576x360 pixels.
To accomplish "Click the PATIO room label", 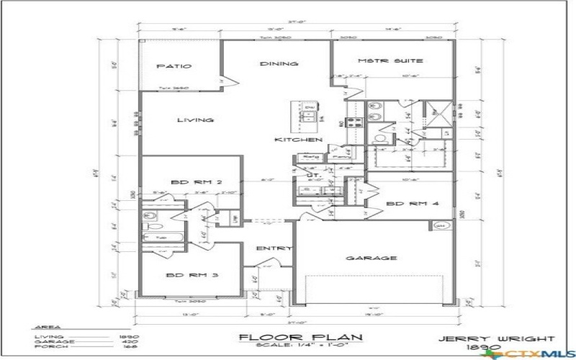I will pos(174,66).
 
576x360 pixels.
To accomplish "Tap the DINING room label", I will pos(279,64).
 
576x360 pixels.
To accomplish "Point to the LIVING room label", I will pos(195,120).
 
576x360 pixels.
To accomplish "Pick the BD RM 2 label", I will pos(190,182).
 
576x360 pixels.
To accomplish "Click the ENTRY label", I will pos(274,249).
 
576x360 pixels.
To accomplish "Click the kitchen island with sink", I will pos(310,113).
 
